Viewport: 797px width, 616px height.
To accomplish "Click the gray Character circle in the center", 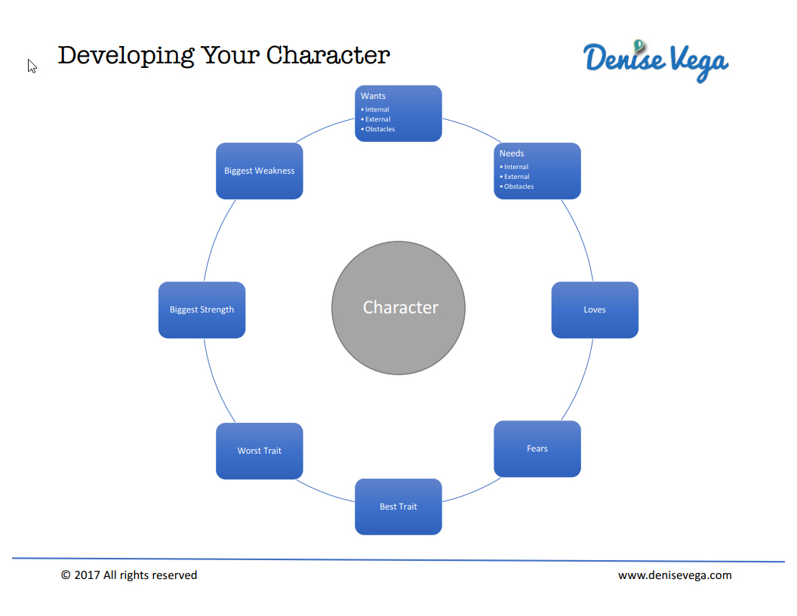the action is tap(398, 308).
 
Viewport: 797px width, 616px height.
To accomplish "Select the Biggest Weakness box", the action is tap(259, 171).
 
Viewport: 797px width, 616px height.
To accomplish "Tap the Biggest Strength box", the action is tap(202, 310).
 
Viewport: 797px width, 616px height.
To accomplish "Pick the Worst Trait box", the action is tap(259, 451).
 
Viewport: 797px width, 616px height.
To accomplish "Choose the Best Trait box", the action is tap(398, 507).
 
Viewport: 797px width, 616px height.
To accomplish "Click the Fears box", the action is tap(537, 448).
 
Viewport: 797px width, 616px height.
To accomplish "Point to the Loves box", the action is tap(595, 310).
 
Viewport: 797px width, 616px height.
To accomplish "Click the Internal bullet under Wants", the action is tap(375, 109).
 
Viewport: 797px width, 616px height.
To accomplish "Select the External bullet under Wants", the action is tap(376, 119).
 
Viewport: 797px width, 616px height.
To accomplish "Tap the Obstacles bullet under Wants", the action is tap(377, 129).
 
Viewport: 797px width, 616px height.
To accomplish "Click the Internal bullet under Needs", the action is tap(514, 167).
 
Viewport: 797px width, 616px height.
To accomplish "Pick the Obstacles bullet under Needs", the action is tap(516, 186).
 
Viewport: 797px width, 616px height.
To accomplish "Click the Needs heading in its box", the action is tap(512, 153).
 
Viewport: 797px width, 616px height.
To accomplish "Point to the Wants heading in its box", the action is tap(373, 96).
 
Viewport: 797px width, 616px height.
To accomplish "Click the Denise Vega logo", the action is tap(656, 61).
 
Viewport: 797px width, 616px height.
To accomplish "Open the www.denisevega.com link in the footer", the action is tap(675, 574).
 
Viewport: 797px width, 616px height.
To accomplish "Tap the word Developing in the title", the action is tap(126, 55).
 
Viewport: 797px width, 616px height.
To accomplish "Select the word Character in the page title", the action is tap(328, 55).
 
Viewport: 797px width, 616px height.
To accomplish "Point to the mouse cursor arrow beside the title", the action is tap(32, 66).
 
